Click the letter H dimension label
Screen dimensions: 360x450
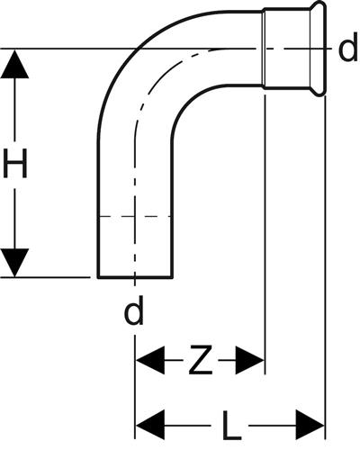point(14,164)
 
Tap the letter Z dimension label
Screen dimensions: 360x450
point(201,360)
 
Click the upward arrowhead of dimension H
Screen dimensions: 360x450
point(14,65)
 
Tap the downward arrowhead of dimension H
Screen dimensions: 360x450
point(14,263)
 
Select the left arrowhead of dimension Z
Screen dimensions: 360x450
point(150,360)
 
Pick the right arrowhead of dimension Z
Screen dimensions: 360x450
point(249,360)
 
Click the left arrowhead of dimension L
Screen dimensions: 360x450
point(150,425)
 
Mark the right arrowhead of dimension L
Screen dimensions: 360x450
point(310,425)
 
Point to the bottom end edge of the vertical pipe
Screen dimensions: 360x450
point(135,278)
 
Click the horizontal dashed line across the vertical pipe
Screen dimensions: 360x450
point(135,216)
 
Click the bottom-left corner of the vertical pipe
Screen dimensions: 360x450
point(98,278)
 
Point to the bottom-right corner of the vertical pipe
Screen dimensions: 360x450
point(172,278)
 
